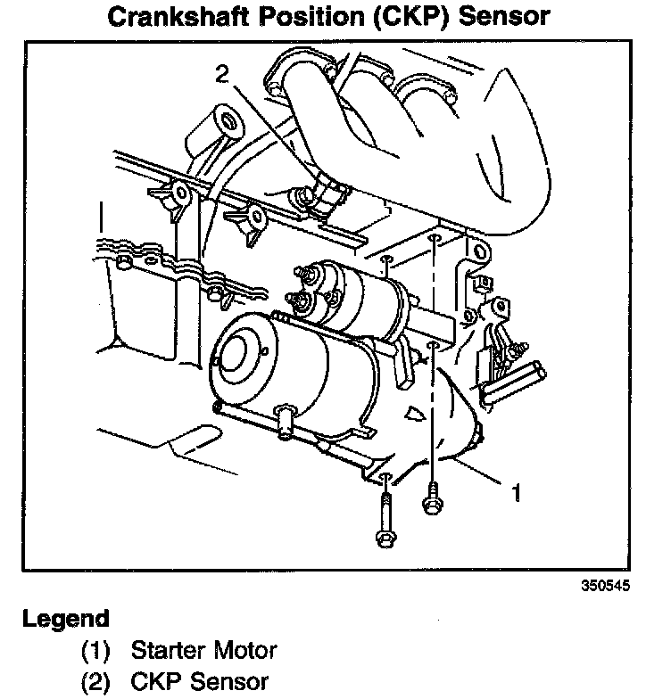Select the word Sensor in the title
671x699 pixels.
click(517, 17)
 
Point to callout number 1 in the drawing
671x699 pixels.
click(515, 491)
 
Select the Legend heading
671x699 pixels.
click(66, 619)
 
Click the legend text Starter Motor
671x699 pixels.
click(204, 650)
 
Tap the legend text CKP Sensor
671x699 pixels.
click(199, 683)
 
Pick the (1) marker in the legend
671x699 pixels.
click(95, 650)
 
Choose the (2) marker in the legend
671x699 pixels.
click(95, 683)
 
